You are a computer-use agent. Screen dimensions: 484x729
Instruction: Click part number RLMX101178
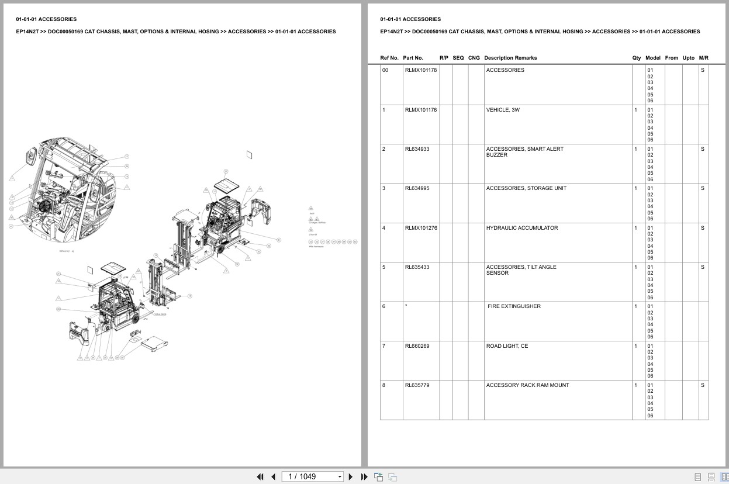click(420, 70)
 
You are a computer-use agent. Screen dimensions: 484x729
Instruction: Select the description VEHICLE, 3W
click(503, 110)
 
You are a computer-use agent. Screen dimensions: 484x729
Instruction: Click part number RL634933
click(417, 149)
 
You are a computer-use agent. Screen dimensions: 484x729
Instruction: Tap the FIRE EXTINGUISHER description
click(514, 306)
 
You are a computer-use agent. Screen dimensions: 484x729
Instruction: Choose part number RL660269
click(417, 346)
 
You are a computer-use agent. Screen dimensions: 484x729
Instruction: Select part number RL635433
click(417, 267)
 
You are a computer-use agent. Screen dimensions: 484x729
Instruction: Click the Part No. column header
click(413, 58)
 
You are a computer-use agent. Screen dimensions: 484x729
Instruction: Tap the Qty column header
click(636, 58)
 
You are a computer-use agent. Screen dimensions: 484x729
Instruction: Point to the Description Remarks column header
click(510, 58)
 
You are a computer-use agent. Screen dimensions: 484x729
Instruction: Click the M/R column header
click(703, 58)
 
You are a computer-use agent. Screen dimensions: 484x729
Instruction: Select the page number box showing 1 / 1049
click(313, 476)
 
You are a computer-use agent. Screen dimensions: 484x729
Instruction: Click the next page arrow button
click(351, 476)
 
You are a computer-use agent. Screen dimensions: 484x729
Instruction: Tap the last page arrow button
click(364, 476)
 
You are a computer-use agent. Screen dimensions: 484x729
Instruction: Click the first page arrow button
click(260, 476)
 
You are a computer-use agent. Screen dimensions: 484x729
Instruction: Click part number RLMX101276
click(420, 228)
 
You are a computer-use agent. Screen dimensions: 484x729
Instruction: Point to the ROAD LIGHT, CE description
click(507, 346)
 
